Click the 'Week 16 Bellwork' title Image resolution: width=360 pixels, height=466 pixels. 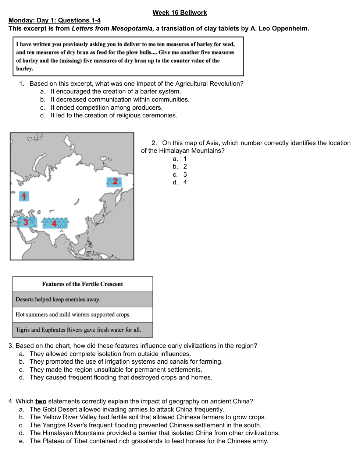coord(180,13)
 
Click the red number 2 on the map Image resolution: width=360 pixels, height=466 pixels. coord(115,181)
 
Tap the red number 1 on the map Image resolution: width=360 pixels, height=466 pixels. coord(24,197)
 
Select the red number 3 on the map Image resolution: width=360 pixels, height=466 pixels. coord(26,222)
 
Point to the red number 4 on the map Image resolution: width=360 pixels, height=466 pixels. coord(54,223)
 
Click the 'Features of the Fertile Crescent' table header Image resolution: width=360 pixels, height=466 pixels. coord(82,284)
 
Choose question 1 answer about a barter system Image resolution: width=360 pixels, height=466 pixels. coord(115,91)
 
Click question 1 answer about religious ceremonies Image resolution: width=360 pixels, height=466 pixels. coord(114,115)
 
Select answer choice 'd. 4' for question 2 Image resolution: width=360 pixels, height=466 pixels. coord(180,182)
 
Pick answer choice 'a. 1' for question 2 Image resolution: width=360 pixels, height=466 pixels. coord(180,159)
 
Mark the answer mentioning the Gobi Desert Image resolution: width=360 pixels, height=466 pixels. coord(126,409)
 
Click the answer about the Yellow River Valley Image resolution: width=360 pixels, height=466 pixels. coord(147,417)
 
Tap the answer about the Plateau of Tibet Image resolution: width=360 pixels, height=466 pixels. coord(149,441)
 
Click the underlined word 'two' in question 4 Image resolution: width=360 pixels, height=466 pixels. coord(41,401)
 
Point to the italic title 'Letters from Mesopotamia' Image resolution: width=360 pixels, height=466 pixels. coord(113,28)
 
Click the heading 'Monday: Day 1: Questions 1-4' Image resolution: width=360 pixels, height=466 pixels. coord(54,20)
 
